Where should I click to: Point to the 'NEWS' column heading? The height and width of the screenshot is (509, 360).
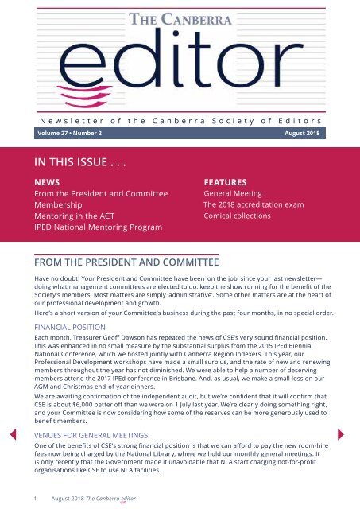pos(35,182)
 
